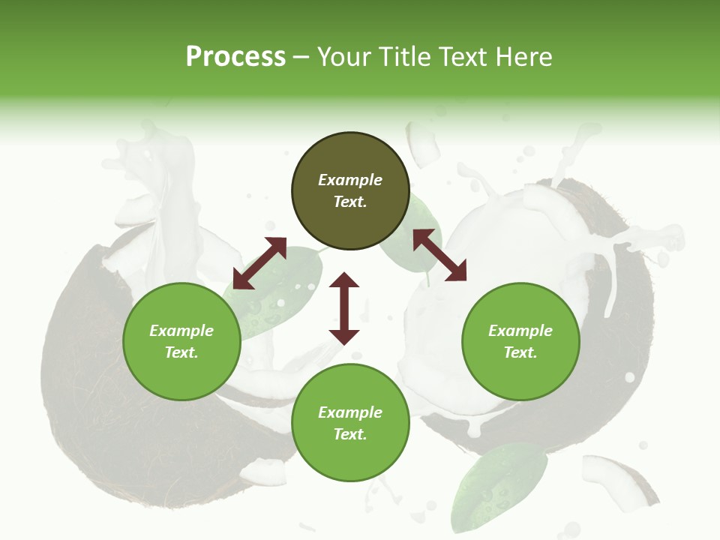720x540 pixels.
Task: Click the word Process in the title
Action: click(x=235, y=56)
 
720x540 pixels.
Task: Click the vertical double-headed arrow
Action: click(x=344, y=308)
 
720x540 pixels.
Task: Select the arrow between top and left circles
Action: click(x=259, y=263)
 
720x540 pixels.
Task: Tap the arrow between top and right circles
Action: click(x=439, y=255)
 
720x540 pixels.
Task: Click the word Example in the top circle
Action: click(x=350, y=180)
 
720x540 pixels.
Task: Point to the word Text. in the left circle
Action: click(x=181, y=352)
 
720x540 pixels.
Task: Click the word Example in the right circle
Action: click(x=520, y=331)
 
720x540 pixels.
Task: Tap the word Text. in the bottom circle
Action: click(x=350, y=434)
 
